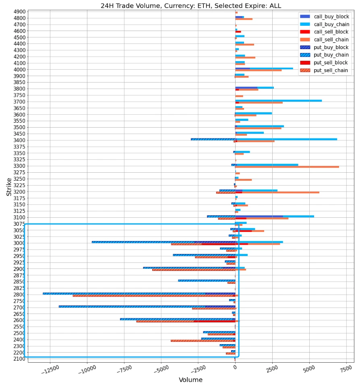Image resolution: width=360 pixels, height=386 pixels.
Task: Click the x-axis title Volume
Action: pyautogui.click(x=190, y=380)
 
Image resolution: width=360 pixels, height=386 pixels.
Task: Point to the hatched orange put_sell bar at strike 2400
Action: pyautogui.click(x=201, y=341)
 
